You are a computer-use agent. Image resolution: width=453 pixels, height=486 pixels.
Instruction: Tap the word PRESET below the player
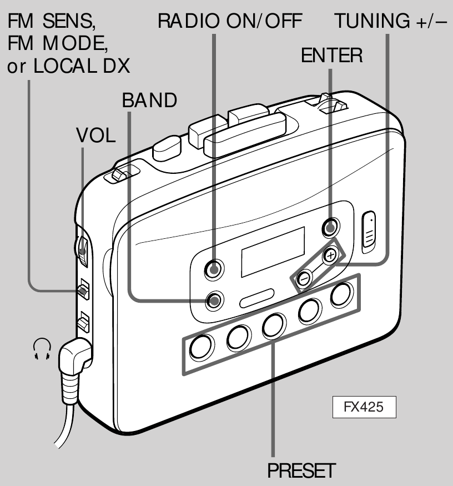(301, 471)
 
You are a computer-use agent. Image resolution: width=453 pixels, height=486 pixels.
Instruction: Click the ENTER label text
(331, 56)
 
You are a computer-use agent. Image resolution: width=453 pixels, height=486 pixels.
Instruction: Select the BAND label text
(149, 101)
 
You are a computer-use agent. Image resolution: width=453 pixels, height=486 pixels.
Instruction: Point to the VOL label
(96, 137)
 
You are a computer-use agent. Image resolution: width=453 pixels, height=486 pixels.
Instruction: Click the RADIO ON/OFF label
(229, 22)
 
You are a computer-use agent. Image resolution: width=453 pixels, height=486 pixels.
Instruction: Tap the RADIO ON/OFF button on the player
(214, 269)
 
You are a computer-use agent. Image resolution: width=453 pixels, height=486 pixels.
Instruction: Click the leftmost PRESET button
(200, 347)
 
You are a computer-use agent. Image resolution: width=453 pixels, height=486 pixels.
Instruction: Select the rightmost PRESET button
(341, 295)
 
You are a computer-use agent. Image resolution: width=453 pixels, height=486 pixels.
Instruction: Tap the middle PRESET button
(273, 325)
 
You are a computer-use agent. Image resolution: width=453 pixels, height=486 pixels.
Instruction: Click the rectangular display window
(273, 250)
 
